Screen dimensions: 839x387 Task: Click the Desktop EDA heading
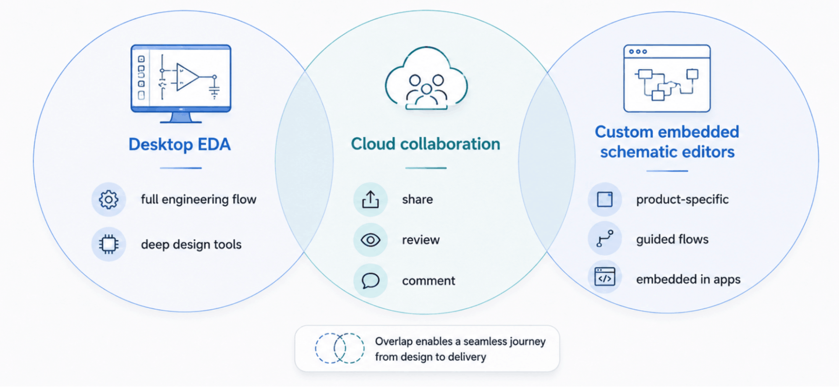coord(180,144)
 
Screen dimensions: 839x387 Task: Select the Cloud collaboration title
coord(426,144)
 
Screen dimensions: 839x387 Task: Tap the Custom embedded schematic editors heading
coord(667,142)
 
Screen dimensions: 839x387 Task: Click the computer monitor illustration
coord(181,84)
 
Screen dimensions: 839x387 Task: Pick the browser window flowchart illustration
coord(667,78)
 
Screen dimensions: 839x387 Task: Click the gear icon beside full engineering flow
coord(109,199)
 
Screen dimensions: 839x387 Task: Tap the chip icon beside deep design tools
coord(109,244)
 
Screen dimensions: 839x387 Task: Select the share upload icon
coord(370,199)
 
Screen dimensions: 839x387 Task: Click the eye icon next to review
coord(370,240)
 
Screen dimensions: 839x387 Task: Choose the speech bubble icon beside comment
coord(370,281)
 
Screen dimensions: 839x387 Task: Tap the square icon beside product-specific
coord(605,199)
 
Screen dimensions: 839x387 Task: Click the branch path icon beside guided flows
coord(605,238)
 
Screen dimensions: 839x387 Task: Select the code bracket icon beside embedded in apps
coord(605,277)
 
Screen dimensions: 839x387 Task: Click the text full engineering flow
coord(199,199)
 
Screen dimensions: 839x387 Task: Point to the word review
coord(421,240)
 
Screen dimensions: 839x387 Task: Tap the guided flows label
coord(672,239)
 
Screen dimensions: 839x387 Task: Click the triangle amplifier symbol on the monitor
coord(187,77)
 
